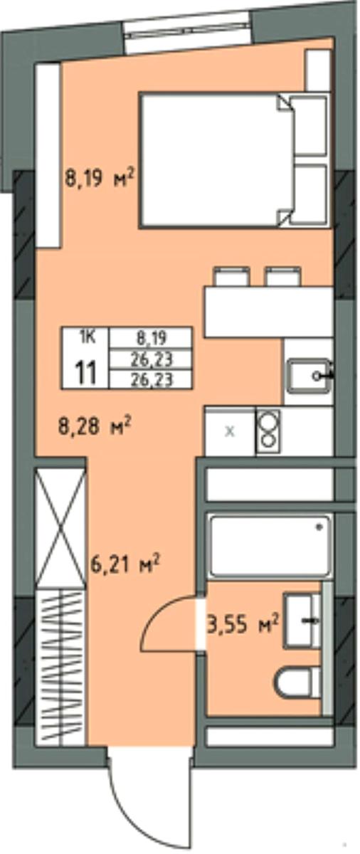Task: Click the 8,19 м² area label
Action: click(x=100, y=178)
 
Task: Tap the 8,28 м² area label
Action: click(x=95, y=426)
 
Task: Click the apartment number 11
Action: click(x=85, y=373)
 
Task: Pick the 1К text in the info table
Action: click(x=88, y=337)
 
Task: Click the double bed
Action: click(x=234, y=160)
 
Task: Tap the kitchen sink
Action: click(x=309, y=376)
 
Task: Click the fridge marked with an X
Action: click(x=230, y=431)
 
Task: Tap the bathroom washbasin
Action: click(x=302, y=621)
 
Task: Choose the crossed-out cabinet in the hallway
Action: click(x=61, y=527)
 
